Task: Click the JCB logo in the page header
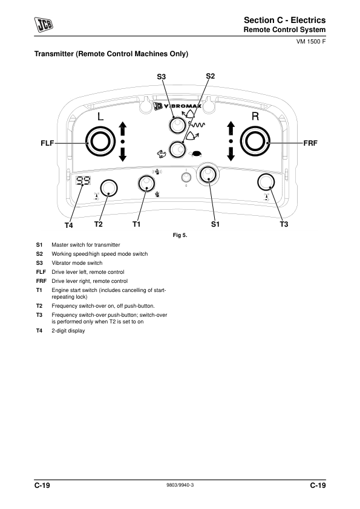[44, 25]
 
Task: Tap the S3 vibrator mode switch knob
[177, 125]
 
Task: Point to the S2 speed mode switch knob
[177, 150]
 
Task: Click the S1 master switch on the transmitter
[208, 175]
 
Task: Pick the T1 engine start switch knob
[146, 183]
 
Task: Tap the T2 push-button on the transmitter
[108, 188]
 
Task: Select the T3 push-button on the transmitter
[266, 182]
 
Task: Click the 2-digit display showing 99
[83, 181]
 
